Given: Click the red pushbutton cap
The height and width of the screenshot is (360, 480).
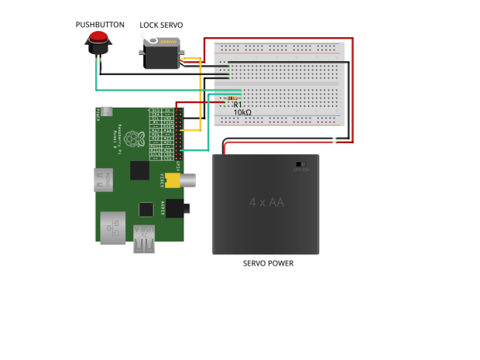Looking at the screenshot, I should tap(98, 38).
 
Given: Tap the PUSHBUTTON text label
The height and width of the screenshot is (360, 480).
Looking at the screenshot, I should tap(100, 25).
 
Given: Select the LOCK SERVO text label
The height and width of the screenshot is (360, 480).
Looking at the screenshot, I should tap(161, 26).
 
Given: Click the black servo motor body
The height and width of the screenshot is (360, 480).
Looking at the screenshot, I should tap(160, 57).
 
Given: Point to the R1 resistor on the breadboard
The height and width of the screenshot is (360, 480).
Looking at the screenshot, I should tap(232, 98).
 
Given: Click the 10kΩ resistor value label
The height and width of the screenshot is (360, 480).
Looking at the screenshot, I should tap(242, 112).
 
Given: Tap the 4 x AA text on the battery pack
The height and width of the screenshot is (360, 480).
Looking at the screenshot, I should tap(266, 204).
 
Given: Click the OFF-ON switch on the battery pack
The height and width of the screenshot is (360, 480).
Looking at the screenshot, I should tap(300, 164).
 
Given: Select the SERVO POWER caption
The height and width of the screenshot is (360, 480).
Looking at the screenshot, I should tap(268, 263).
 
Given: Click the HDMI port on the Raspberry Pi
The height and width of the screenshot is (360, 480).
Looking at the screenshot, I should tap(101, 181).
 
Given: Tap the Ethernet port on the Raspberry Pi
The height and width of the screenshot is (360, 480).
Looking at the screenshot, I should tap(112, 228).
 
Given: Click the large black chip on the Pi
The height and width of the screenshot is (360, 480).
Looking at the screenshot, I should tap(140, 170).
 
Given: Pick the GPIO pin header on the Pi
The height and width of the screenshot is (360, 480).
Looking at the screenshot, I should tap(179, 132).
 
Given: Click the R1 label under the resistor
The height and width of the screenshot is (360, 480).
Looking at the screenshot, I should tap(238, 105).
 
